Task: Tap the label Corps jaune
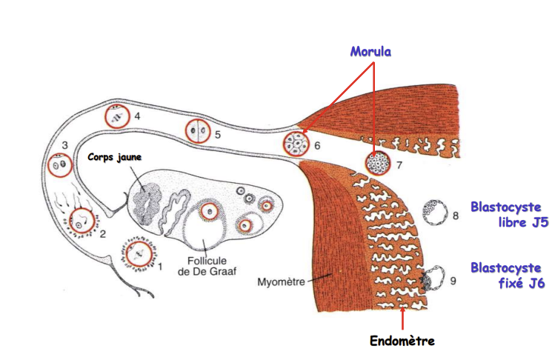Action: (114, 157)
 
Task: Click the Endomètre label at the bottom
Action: (402, 341)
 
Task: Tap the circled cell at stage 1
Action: (139, 254)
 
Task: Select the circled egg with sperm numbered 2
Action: (82, 219)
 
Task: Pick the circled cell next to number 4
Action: (117, 116)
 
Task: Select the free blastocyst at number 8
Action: (433, 213)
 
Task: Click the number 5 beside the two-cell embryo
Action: (217, 135)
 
